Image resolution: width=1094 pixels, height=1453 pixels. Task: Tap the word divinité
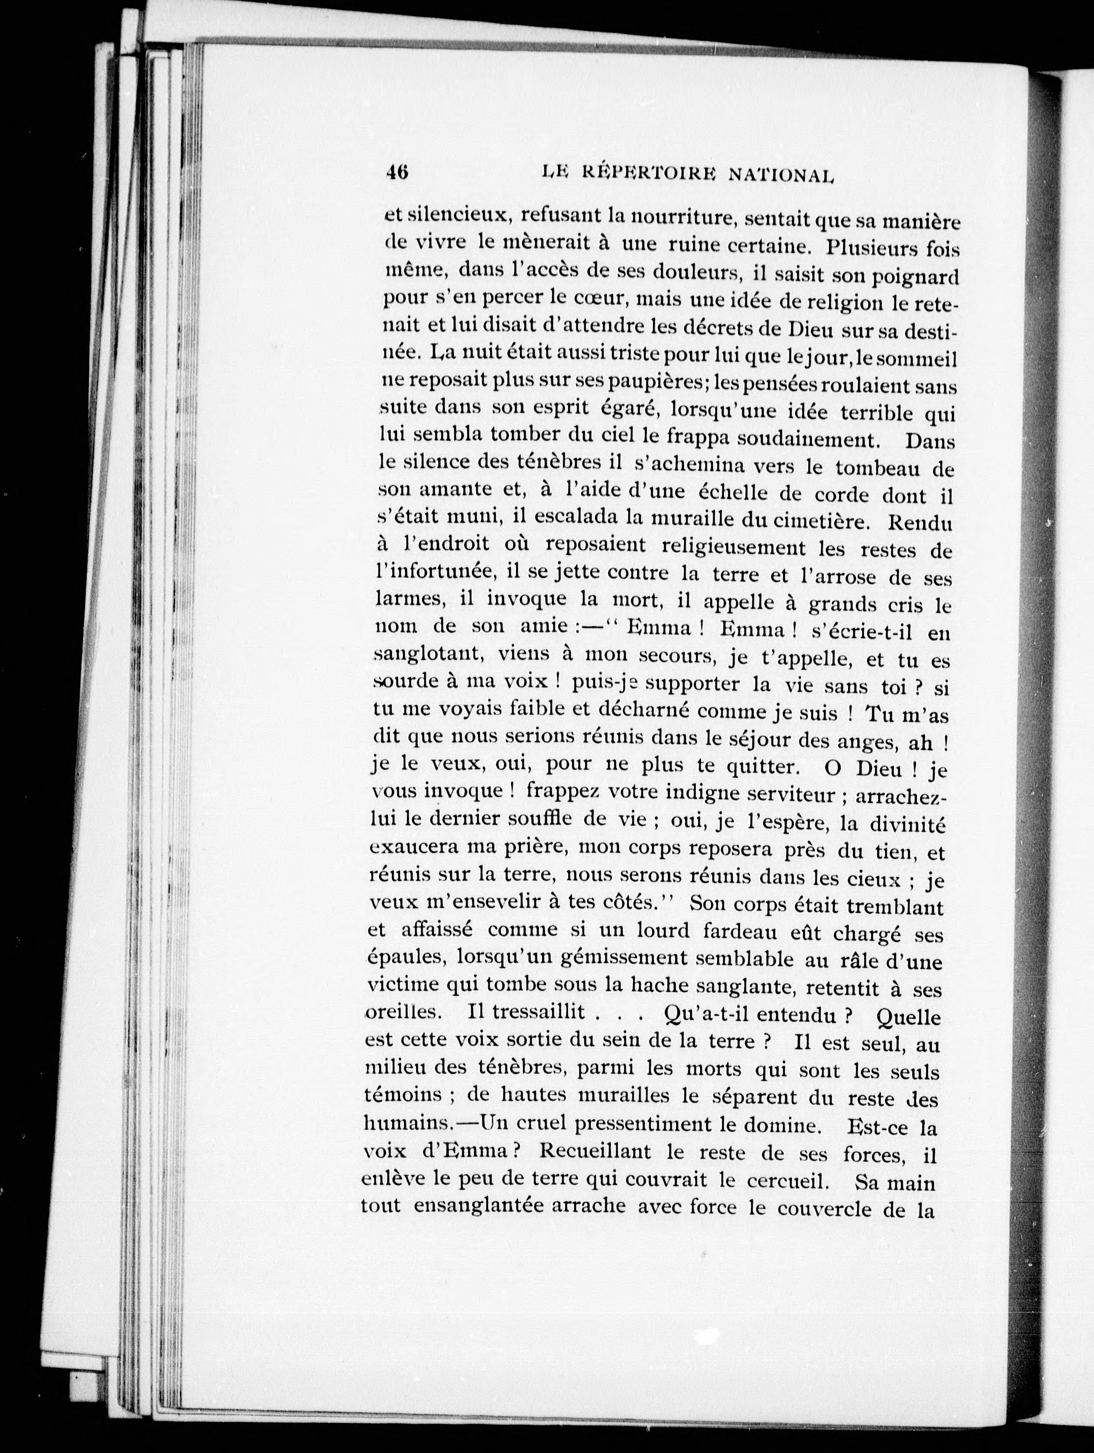(902, 823)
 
